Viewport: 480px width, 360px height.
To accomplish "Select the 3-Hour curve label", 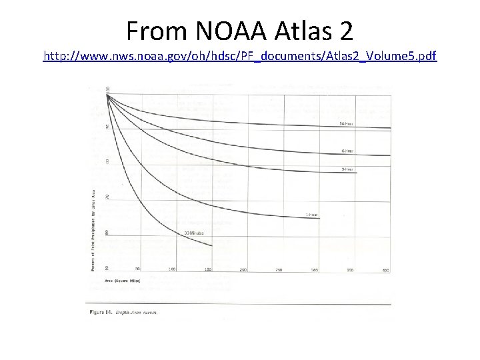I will click(347, 169).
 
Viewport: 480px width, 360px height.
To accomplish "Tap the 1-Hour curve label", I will click(311, 214).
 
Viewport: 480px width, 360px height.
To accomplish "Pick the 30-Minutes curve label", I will click(195, 231).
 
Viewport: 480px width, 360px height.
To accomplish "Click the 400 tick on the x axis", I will click(385, 269).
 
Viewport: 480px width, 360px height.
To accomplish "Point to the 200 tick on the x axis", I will click(243, 269).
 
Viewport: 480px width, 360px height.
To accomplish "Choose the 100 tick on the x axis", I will click(172, 269).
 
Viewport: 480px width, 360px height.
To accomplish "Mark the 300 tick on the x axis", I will click(315, 269).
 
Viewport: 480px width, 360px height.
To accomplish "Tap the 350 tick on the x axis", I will click(350, 269).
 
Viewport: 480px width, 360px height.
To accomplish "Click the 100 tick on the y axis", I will click(107, 89).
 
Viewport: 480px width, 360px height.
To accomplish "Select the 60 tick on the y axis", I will click(107, 232).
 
